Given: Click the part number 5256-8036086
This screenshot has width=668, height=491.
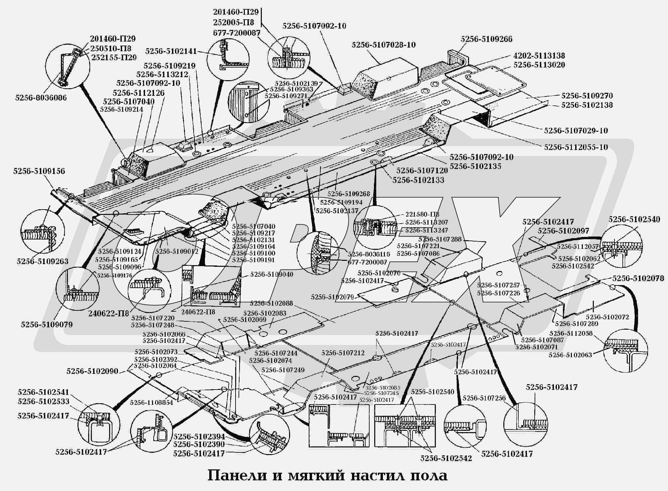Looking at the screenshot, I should (41, 97).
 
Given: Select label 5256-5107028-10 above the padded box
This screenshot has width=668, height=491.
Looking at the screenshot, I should (384, 45).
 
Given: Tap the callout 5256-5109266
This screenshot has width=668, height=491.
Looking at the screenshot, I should (486, 39).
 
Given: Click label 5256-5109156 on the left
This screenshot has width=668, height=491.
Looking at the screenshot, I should (39, 171).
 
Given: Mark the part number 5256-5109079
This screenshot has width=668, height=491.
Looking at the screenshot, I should (47, 324).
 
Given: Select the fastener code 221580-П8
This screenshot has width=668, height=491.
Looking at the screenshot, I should (422, 215).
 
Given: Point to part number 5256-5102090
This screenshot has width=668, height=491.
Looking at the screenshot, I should (92, 371).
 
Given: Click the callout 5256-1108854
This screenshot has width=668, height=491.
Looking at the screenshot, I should (151, 403).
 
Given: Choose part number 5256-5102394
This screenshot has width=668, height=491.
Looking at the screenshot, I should (199, 436).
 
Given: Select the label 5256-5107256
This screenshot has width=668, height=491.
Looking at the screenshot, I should (484, 398).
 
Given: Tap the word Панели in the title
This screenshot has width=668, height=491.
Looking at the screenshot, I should (237, 475).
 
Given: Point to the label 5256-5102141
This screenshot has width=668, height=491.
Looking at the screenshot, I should (171, 51).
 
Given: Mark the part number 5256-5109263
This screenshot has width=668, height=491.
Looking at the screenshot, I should (43, 261).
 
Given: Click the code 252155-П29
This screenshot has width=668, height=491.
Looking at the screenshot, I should (114, 57).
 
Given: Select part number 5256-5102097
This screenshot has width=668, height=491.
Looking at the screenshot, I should (563, 231).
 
